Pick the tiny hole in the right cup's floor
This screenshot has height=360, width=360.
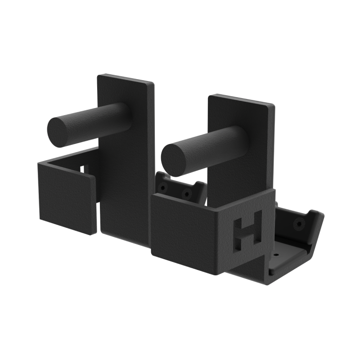[276, 254]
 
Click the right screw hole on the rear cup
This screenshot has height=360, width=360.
[185, 194]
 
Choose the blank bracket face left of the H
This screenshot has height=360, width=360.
[182, 227]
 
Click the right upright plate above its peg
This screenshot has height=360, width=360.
[234, 112]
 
